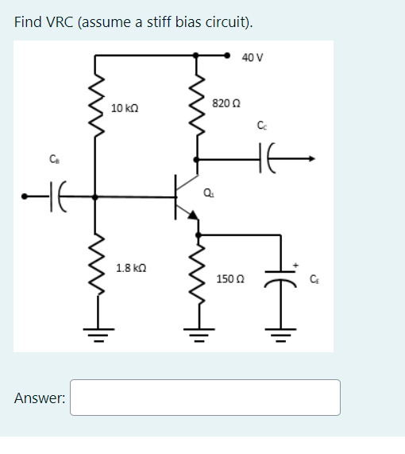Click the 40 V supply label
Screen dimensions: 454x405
click(x=253, y=57)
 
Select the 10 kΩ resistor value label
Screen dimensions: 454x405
click(x=126, y=107)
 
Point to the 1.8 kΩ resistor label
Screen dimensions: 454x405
click(x=129, y=269)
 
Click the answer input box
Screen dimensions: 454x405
click(x=206, y=397)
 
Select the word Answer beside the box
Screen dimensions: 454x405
click(x=39, y=398)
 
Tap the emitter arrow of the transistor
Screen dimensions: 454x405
click(x=191, y=211)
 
